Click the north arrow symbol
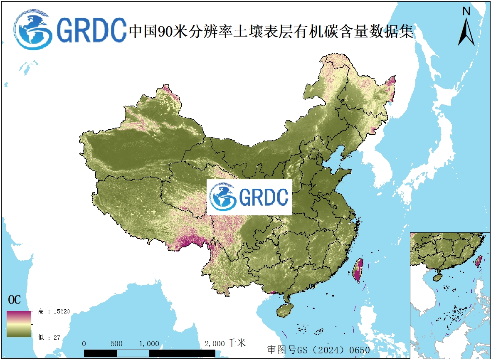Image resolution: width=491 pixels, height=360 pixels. tap(466, 32)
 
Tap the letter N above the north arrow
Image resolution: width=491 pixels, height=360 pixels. tap(466, 12)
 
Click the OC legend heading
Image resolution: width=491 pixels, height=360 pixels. tap(14, 300)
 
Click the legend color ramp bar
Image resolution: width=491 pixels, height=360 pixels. tap(19, 324)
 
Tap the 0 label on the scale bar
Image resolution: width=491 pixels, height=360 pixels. tap(84, 344)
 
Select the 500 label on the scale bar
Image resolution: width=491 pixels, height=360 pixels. tap(117, 344)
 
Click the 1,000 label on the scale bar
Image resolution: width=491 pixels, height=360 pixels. tap(149, 344)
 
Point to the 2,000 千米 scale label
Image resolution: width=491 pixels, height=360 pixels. tap(225, 343)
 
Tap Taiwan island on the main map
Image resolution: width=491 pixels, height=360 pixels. tap(358, 270)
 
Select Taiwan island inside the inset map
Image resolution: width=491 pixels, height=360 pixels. tap(479, 261)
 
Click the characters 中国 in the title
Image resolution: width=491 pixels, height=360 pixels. tap(141, 32)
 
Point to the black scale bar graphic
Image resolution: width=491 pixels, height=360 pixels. tap(150, 353)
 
